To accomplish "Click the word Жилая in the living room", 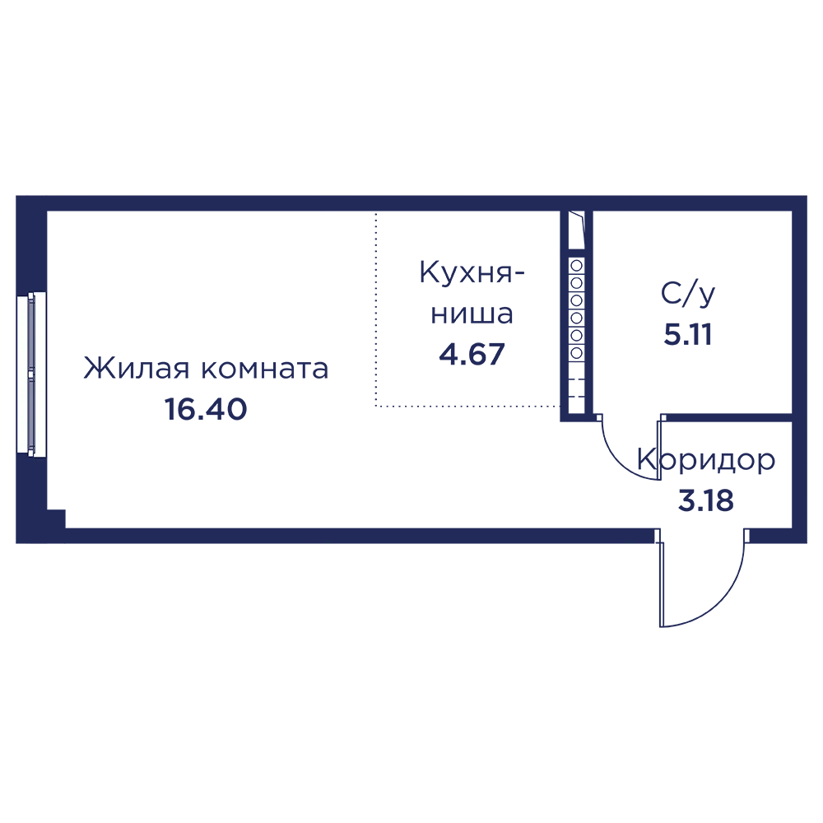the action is (137, 368).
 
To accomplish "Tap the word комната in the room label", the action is (265, 369).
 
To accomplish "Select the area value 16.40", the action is (206, 409).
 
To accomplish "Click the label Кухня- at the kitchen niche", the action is (472, 272).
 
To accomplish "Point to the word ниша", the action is (472, 314).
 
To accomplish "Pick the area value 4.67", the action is (472, 354).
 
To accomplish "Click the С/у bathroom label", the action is (688, 294).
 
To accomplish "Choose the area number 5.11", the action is (688, 334).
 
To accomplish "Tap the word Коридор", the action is (706, 461).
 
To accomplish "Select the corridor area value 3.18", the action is (706, 500).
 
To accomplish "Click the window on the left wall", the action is (31, 372).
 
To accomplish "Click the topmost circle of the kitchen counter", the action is (576, 266).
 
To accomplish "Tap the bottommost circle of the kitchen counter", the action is (576, 353).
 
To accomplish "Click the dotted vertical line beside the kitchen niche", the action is (375, 309).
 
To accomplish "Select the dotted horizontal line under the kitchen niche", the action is (467, 406).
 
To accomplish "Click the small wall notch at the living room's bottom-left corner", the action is (56, 518).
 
